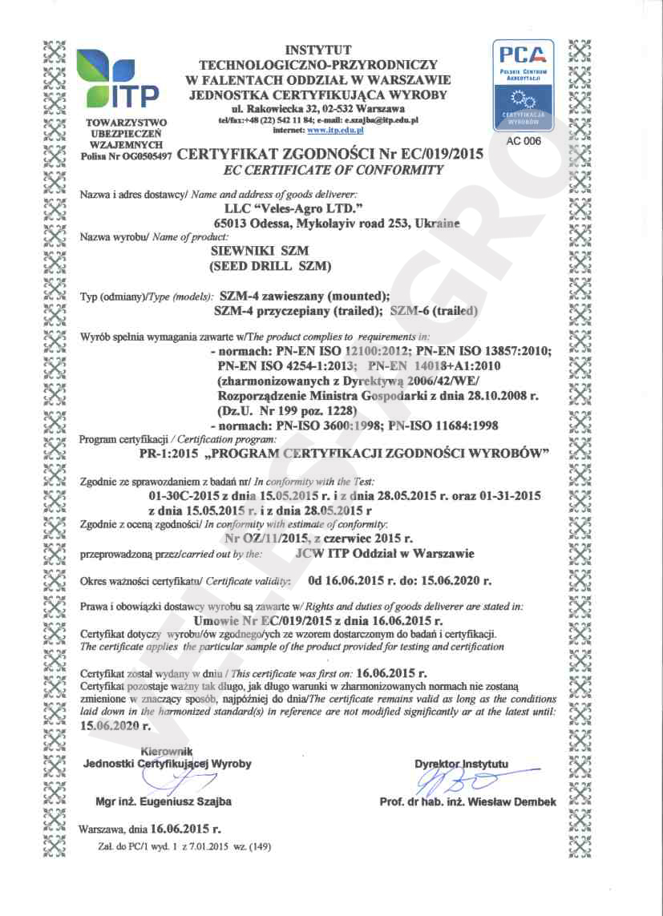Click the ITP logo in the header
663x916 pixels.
click(118, 79)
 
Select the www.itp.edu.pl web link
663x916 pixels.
click(336, 129)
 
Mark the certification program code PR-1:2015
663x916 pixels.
click(167, 454)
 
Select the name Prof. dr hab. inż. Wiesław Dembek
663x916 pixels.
click(467, 802)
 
